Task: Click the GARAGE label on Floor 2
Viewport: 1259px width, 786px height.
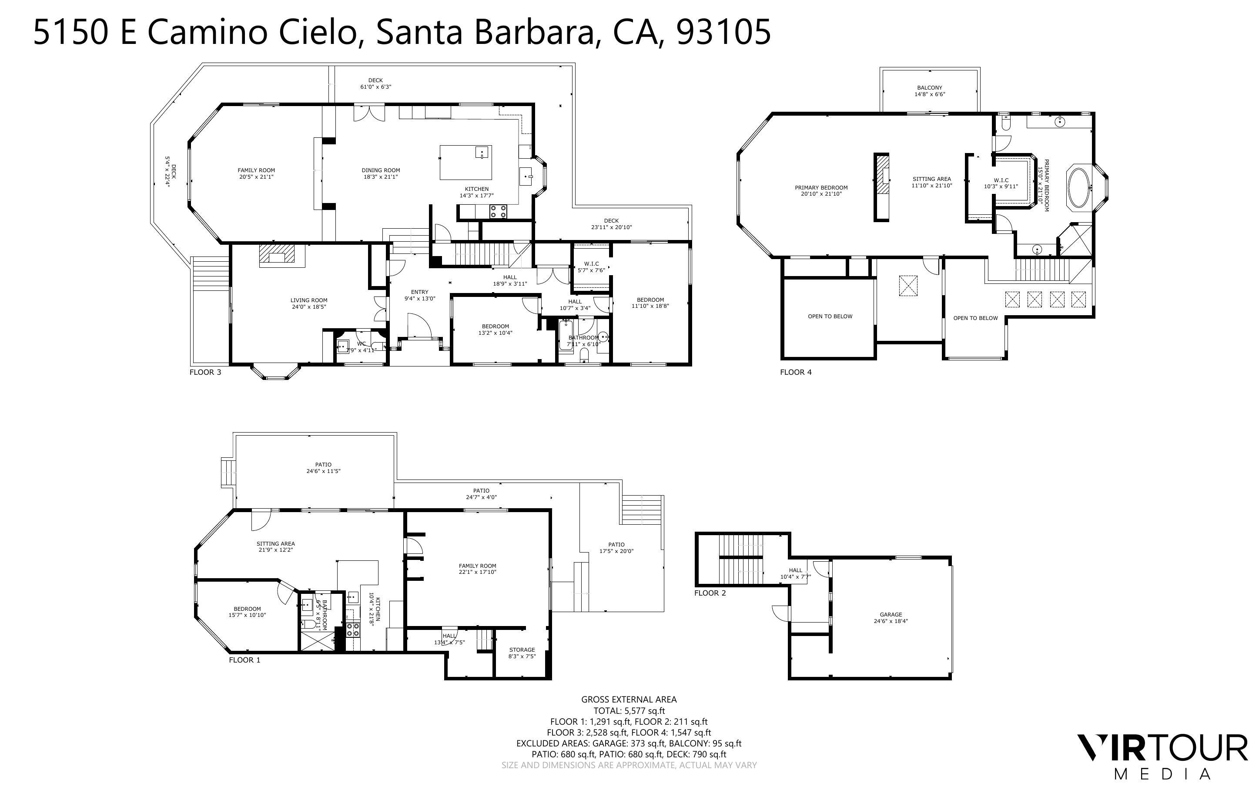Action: tap(891, 614)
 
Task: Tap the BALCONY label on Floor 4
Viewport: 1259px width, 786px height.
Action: tap(929, 88)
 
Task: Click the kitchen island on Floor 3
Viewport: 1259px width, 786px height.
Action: tap(465, 162)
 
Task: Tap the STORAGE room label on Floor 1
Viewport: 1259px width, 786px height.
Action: tap(522, 650)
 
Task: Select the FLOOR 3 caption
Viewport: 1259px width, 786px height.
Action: tap(205, 372)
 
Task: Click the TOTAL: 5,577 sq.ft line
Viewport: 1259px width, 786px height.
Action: tap(629, 711)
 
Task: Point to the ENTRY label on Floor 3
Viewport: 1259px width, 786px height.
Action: tap(419, 292)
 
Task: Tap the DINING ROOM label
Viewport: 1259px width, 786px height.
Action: tap(381, 170)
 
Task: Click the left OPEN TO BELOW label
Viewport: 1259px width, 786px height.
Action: tap(830, 316)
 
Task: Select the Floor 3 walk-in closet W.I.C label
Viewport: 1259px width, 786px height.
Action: tap(591, 263)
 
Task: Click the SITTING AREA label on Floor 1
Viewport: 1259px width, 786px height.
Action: tap(276, 544)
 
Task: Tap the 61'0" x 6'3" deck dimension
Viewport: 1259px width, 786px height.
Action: tap(375, 87)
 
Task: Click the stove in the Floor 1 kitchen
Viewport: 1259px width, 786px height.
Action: tap(353, 629)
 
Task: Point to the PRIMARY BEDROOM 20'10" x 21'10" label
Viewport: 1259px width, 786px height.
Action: tap(821, 188)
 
